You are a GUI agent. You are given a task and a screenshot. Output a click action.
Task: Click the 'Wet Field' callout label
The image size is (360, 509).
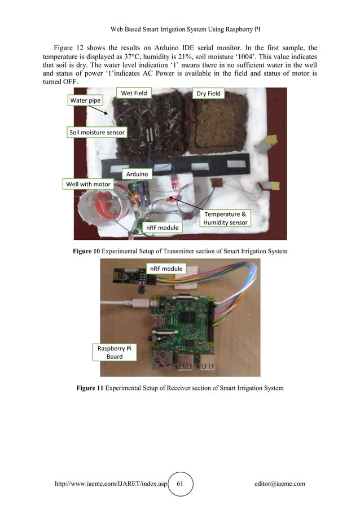(134, 93)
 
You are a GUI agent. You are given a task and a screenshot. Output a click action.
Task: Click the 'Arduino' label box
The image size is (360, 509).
(138, 174)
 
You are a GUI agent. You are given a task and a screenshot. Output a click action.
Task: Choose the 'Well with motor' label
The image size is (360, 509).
(89, 184)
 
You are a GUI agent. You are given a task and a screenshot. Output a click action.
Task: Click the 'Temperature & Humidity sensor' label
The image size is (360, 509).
(225, 219)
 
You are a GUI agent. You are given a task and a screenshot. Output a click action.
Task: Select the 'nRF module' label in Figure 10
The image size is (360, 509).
(163, 227)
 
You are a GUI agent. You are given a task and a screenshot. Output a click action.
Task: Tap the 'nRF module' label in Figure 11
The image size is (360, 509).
(166, 269)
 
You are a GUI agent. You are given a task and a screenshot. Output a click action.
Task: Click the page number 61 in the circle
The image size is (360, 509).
(181, 484)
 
